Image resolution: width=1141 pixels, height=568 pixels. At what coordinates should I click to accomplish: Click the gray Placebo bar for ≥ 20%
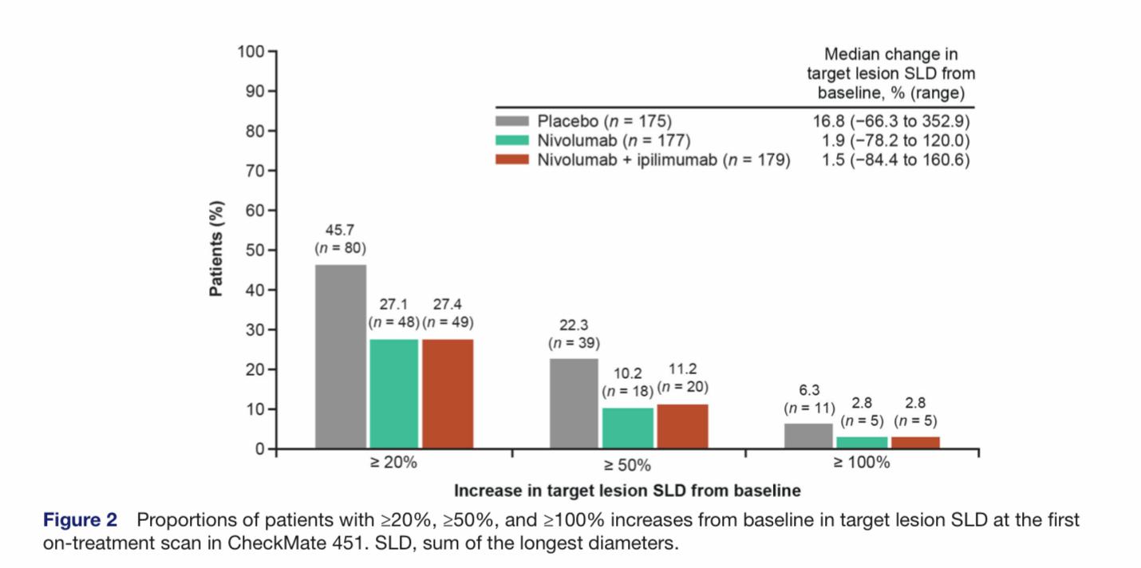[x=341, y=357]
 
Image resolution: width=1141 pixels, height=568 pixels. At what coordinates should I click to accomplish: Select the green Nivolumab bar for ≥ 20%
[x=393, y=394]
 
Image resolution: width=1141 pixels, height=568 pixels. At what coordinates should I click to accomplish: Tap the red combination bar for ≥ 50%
[x=682, y=427]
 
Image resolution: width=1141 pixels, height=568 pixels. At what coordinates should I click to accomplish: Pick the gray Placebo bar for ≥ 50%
[x=574, y=404]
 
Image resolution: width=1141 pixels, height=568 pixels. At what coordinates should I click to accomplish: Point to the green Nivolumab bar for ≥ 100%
[x=862, y=443]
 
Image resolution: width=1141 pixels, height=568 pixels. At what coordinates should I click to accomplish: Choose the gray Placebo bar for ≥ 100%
[x=808, y=436]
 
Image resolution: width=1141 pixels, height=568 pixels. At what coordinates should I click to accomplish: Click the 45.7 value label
[x=341, y=231]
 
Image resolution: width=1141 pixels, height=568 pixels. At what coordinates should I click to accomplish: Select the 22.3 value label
[x=574, y=325]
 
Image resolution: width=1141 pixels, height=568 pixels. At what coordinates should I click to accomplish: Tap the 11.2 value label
[x=683, y=369]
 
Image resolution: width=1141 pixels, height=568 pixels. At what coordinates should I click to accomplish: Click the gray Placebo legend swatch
[x=511, y=122]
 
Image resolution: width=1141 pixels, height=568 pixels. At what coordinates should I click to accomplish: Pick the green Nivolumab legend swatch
[x=511, y=141]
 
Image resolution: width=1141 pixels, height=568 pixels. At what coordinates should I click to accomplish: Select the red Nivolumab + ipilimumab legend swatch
[x=511, y=160]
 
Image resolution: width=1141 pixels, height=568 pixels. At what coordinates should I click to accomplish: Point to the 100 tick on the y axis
[x=251, y=52]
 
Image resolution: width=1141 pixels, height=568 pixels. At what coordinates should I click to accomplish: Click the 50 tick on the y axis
[x=255, y=250]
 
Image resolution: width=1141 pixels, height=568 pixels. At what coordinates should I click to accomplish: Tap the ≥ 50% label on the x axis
[x=628, y=465]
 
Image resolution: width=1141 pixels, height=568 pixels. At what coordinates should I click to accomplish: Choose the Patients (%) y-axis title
[x=216, y=249]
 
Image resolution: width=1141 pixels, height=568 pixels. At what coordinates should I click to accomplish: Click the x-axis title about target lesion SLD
[x=627, y=490]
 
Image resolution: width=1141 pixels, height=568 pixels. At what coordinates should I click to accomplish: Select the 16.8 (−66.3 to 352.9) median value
[x=890, y=122]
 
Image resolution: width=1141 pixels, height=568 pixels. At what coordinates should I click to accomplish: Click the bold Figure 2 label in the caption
[x=80, y=521]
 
